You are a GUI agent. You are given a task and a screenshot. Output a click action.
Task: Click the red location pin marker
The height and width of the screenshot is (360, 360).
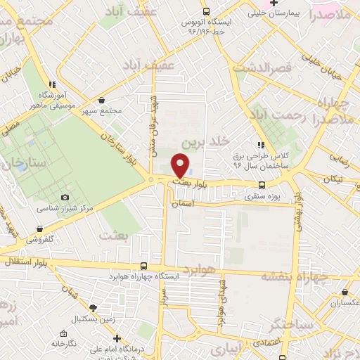(x=181, y=166)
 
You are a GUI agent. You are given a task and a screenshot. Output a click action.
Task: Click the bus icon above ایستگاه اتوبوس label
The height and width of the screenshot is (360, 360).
(x=206, y=11)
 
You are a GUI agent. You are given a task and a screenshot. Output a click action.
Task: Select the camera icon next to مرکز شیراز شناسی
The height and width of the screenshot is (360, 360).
(x=65, y=198)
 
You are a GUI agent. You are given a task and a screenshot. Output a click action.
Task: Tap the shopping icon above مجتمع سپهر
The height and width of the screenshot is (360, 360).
(x=103, y=101)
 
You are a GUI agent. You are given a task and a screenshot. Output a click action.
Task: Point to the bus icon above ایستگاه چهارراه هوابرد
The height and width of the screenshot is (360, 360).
(x=144, y=266)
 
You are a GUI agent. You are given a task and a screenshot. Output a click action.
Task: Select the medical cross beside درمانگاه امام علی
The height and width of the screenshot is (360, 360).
(x=118, y=337)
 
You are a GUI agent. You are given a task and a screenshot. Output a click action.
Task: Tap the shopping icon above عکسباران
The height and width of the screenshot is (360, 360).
(x=344, y=290)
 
